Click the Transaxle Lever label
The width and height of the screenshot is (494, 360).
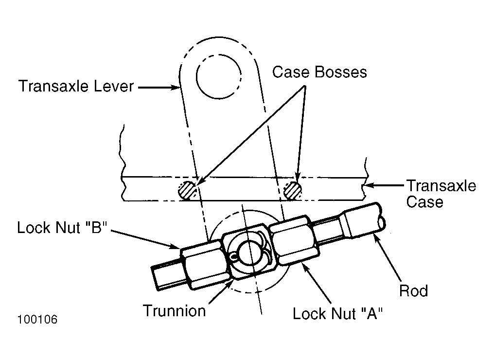[76, 87]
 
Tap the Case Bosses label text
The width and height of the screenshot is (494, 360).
[319, 72]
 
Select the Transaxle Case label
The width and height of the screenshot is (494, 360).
[441, 194]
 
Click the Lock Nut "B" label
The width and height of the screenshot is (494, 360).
[62, 227]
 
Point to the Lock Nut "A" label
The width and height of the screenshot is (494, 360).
[338, 313]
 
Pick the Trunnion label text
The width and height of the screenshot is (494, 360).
[174, 310]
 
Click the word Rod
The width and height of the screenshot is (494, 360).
[413, 290]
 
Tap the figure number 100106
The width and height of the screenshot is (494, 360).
[37, 319]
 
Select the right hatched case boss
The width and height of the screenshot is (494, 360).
[292, 191]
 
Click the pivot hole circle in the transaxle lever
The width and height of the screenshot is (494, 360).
[219, 76]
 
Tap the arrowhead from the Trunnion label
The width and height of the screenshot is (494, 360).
[229, 283]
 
